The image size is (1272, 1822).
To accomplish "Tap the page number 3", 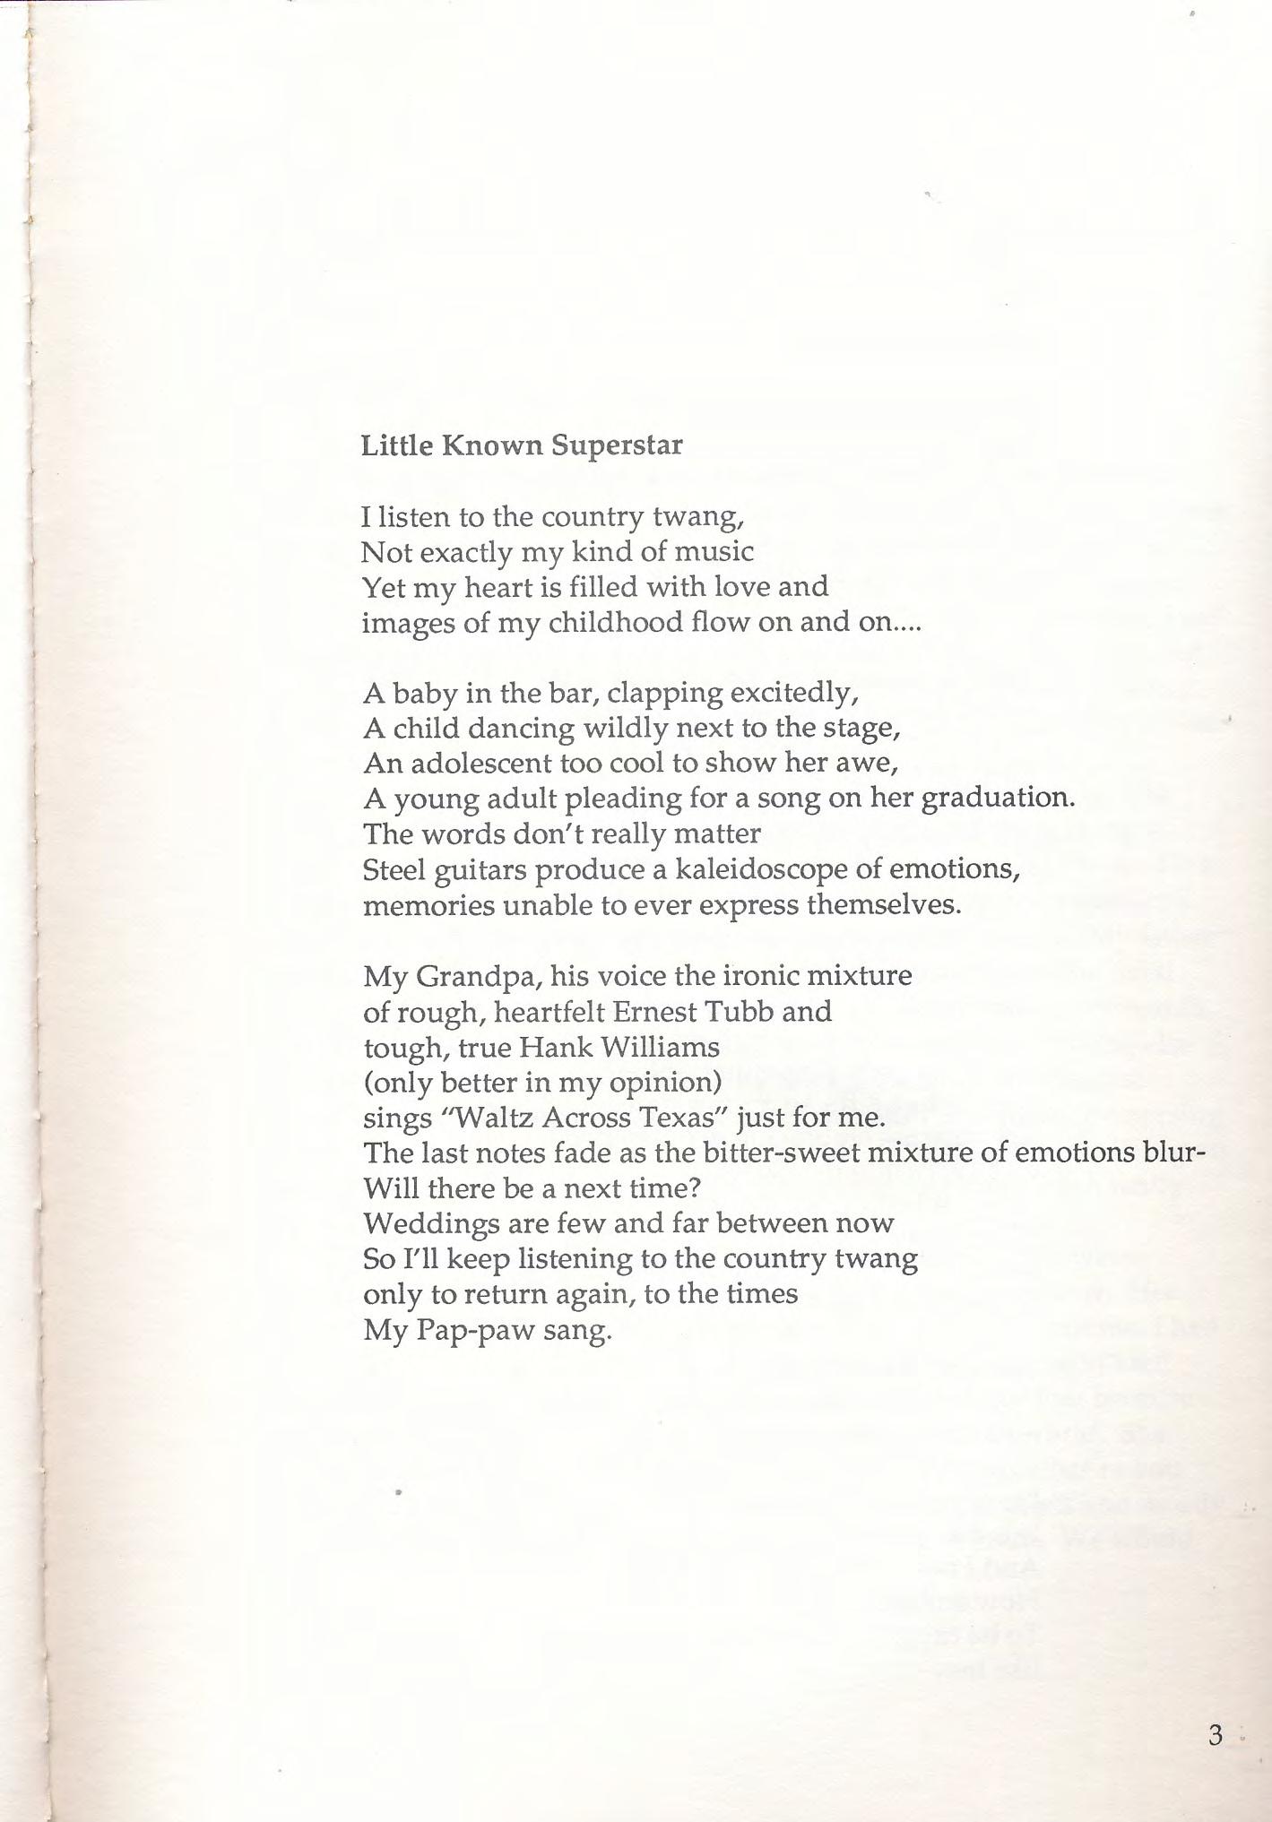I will [x=1215, y=1735].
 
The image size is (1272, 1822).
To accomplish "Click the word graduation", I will [x=997, y=798].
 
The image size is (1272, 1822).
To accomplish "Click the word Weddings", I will [x=431, y=1224].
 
